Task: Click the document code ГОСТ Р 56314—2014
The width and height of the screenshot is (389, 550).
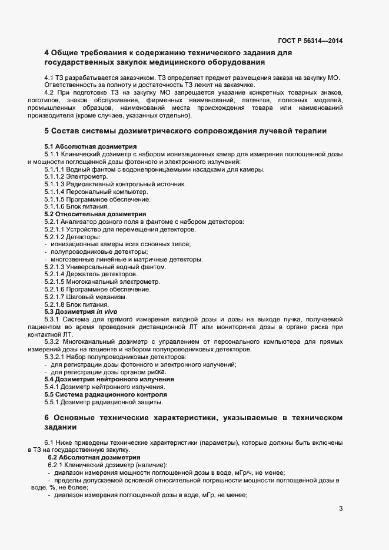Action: [x=310, y=41]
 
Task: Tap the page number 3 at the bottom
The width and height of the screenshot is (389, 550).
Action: [x=341, y=509]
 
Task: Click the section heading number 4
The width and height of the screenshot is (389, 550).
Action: [x=46, y=53]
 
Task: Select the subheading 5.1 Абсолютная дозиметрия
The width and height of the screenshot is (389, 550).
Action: [x=91, y=146]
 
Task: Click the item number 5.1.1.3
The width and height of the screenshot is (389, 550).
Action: [x=56, y=184]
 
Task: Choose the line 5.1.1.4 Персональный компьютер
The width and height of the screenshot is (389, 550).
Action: [x=96, y=192]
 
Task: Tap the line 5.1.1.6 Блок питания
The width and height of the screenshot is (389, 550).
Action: [x=76, y=207]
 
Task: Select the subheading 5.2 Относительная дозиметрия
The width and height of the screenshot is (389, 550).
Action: [x=95, y=214]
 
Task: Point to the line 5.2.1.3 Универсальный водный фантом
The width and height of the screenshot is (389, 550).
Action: [x=105, y=267]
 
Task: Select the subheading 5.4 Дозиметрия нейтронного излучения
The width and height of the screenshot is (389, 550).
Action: [x=109, y=379]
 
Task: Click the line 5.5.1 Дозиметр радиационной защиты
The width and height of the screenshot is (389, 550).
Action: [x=104, y=402]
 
